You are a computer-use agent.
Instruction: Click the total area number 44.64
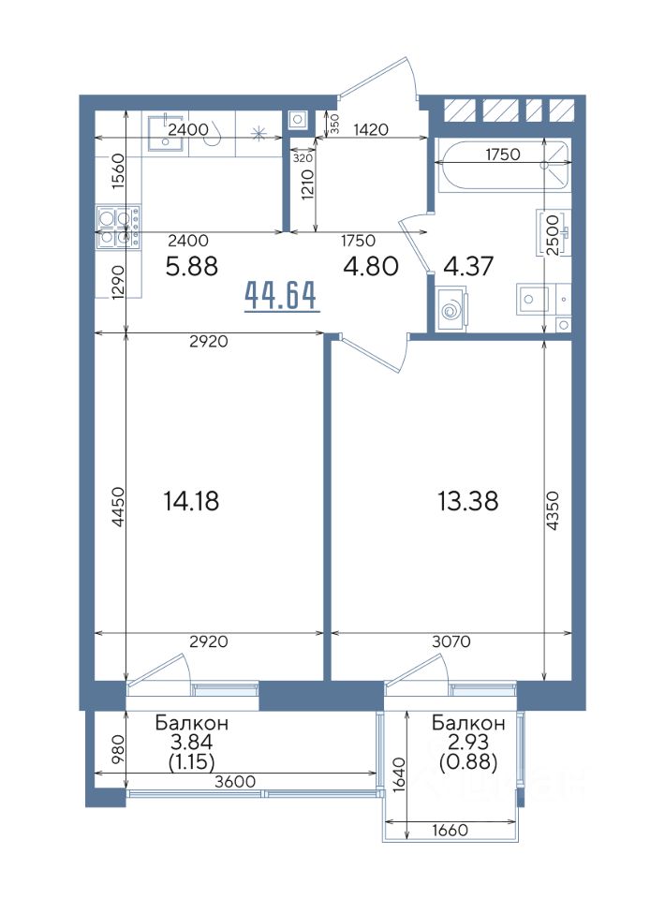[281, 296]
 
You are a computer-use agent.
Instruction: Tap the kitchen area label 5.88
[191, 267]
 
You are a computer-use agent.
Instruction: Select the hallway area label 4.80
[371, 267]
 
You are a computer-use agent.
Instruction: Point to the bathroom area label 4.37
[469, 267]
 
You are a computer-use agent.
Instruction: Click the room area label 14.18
[191, 501]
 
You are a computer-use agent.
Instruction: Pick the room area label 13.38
[467, 501]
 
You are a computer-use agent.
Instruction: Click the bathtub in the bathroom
[502, 165]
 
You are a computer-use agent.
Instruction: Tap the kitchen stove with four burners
[119, 227]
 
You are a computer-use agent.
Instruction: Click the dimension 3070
[451, 641]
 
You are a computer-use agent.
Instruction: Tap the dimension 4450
[117, 507]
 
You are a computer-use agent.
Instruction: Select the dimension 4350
[552, 511]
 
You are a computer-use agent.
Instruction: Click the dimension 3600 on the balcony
[236, 781]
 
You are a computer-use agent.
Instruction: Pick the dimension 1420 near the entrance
[371, 129]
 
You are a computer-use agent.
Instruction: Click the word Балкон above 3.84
[192, 723]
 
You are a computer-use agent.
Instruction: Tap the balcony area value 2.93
[468, 742]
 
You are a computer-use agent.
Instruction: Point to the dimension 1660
[450, 830]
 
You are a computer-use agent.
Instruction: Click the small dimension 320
[303, 158]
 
